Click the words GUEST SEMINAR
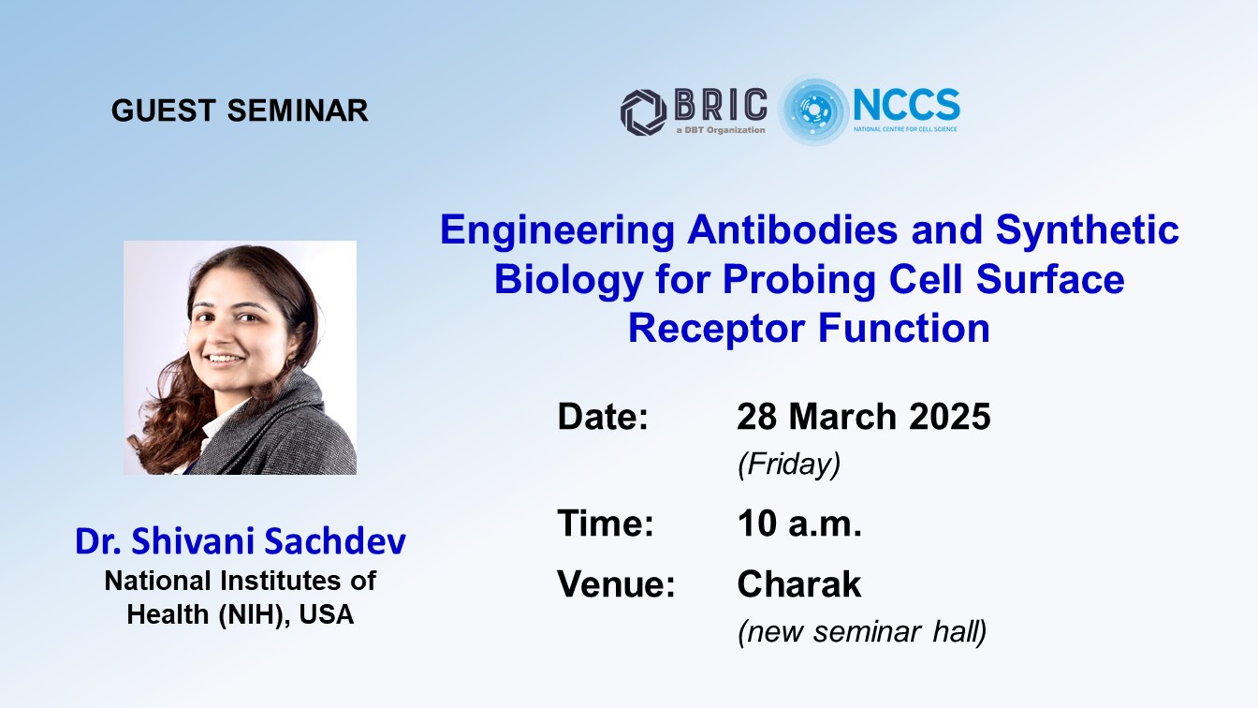[x=240, y=111]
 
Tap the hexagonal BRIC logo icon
[x=644, y=112]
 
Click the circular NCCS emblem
[x=812, y=111]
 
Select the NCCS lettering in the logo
[x=906, y=105]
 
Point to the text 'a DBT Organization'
[x=721, y=130]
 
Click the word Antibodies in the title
[x=793, y=230]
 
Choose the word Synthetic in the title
[x=1088, y=230]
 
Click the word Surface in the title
[x=1050, y=279]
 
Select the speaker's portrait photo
[x=240, y=358]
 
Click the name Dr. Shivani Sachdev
[x=241, y=541]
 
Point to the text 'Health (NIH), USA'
[x=241, y=614]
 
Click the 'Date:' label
[x=603, y=417]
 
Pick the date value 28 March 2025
[x=864, y=417]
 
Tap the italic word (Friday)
[x=789, y=465]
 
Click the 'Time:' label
[x=606, y=524]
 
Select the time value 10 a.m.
[x=799, y=524]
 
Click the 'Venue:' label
[x=616, y=584]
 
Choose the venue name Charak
[x=799, y=584]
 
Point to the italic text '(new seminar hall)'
[x=863, y=632]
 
